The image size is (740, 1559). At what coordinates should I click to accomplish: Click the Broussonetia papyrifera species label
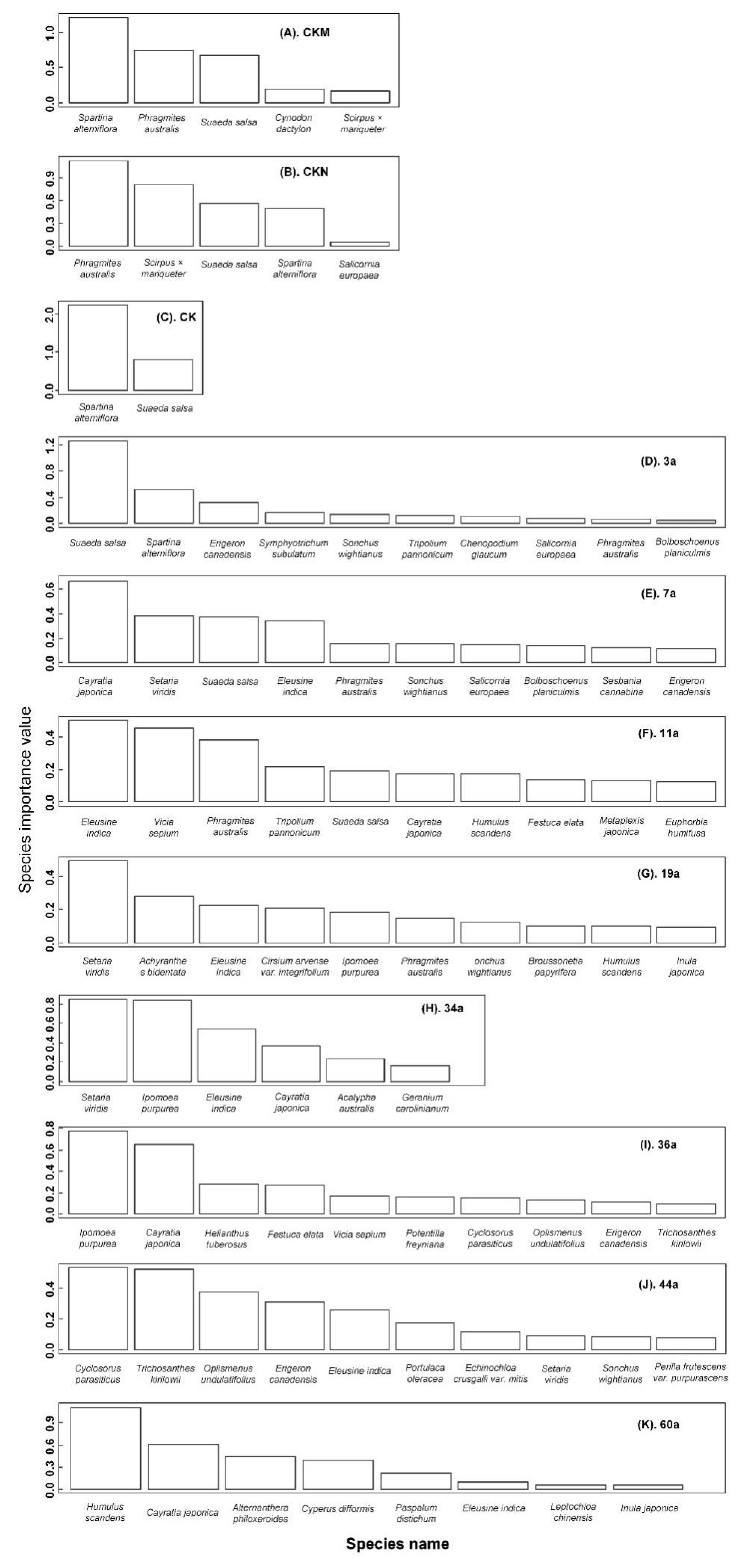[x=555, y=966]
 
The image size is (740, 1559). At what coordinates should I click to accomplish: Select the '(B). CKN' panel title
[x=304, y=172]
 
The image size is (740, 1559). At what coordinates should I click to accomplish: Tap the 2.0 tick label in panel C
[x=50, y=315]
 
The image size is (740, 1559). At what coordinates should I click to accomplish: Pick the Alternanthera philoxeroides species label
[x=260, y=1513]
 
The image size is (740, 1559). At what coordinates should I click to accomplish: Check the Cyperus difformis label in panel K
[x=338, y=1508]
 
